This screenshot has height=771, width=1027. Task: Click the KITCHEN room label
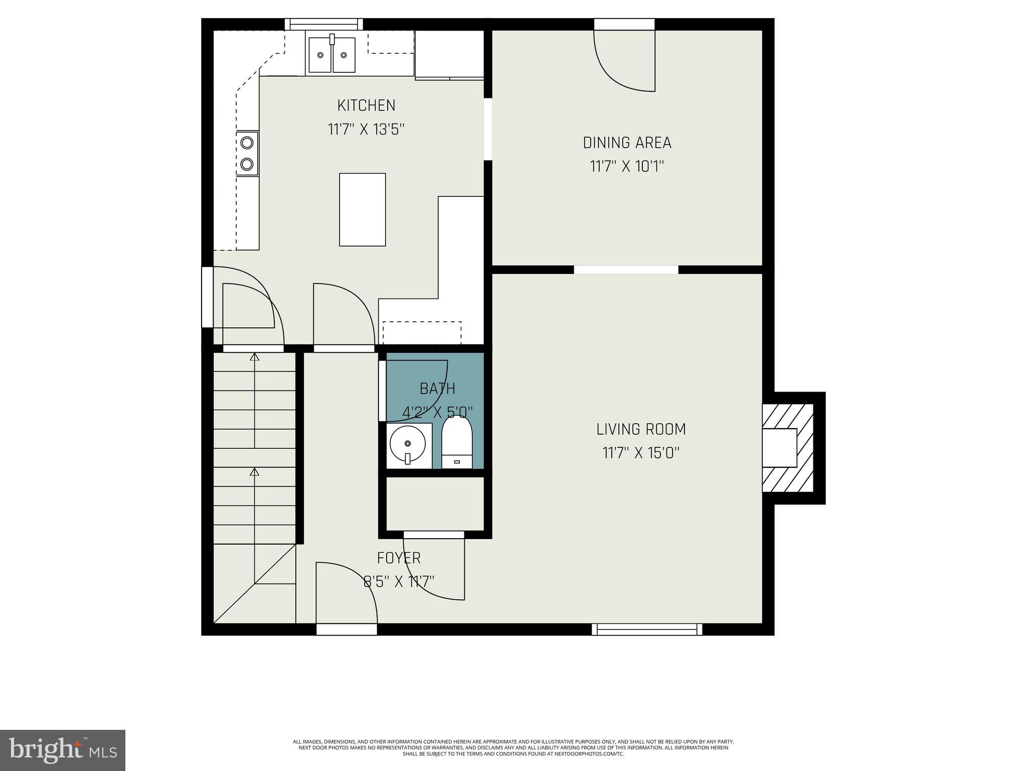366,105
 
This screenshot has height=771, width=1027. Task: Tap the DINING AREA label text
627,143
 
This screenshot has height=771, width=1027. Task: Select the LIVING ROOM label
641,429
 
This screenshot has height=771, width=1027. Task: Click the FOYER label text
399,558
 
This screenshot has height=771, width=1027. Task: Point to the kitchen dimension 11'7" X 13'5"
366,130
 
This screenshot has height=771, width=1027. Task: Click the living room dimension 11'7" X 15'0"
641,453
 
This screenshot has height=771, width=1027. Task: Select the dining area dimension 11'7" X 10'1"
627,167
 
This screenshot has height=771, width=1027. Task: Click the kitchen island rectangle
362,209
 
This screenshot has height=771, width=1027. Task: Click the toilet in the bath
456,442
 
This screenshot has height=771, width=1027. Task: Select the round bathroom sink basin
407,443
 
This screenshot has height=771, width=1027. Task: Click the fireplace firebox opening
779,448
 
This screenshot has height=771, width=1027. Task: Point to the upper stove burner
247,143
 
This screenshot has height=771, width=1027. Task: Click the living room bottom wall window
646,629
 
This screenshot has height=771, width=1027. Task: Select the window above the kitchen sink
324,24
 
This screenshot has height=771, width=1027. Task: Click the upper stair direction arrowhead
255,357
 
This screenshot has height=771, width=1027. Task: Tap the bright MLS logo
63,750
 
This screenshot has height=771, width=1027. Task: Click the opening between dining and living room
626,270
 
